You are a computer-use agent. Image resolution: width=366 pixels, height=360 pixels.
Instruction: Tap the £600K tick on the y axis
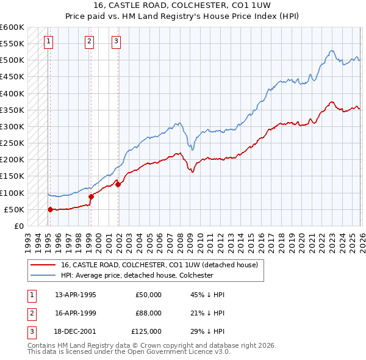(12, 27)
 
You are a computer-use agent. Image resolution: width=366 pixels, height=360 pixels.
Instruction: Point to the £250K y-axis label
(12, 143)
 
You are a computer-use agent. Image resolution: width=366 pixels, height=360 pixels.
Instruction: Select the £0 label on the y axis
(18, 226)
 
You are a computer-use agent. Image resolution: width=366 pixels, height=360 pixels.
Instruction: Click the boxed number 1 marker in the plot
(48, 41)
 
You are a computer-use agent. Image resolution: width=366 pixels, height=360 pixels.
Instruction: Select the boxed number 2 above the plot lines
(89, 41)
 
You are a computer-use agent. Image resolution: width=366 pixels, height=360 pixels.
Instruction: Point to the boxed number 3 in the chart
(116, 41)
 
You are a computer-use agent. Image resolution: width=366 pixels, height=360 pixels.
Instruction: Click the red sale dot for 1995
(50, 209)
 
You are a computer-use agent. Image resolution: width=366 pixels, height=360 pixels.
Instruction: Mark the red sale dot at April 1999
(91, 196)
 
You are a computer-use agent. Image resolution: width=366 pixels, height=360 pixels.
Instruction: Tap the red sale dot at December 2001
(118, 184)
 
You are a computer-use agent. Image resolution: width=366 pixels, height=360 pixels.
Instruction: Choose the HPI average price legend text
(137, 275)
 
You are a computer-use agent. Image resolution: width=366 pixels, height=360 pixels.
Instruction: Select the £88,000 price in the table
(148, 313)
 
